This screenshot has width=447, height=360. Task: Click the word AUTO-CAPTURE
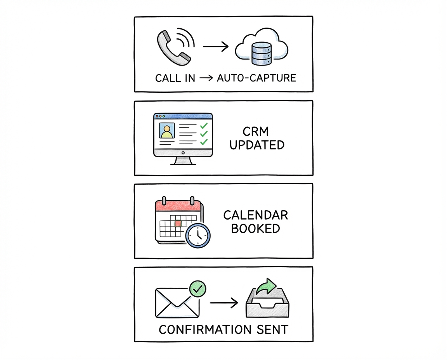256,78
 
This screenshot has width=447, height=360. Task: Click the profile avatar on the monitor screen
167,131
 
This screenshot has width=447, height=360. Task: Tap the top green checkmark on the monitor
203,126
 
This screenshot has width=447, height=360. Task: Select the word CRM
256,132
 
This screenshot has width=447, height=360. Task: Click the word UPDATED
256,145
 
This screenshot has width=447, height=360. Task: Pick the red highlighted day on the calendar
178,224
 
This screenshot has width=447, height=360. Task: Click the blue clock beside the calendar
198,234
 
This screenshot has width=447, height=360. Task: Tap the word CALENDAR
256,215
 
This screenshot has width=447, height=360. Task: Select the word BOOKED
256,228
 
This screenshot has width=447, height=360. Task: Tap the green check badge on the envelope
198,289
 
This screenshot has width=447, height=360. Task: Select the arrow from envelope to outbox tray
223,303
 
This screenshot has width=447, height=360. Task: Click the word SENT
273,330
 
